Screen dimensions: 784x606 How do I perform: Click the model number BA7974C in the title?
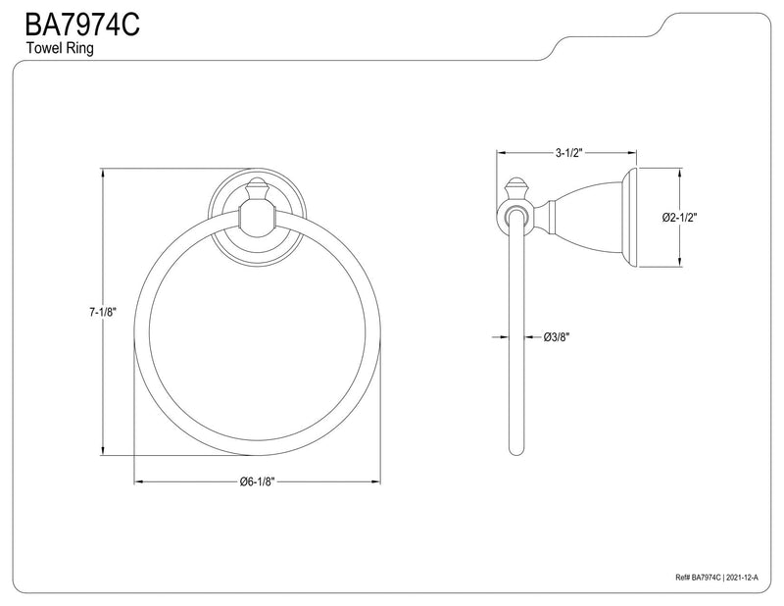point(82,25)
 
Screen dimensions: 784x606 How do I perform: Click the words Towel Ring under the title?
point(60,49)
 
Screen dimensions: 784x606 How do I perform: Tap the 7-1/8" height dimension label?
point(103,312)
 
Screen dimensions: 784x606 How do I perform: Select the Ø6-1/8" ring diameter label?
point(257,481)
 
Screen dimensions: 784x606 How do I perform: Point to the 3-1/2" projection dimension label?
point(569,153)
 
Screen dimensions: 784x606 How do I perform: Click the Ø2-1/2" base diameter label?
point(679,218)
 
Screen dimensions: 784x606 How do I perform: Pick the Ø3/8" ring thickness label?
point(557,337)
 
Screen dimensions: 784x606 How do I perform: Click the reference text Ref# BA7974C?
point(698,578)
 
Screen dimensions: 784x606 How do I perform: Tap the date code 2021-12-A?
point(742,578)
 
